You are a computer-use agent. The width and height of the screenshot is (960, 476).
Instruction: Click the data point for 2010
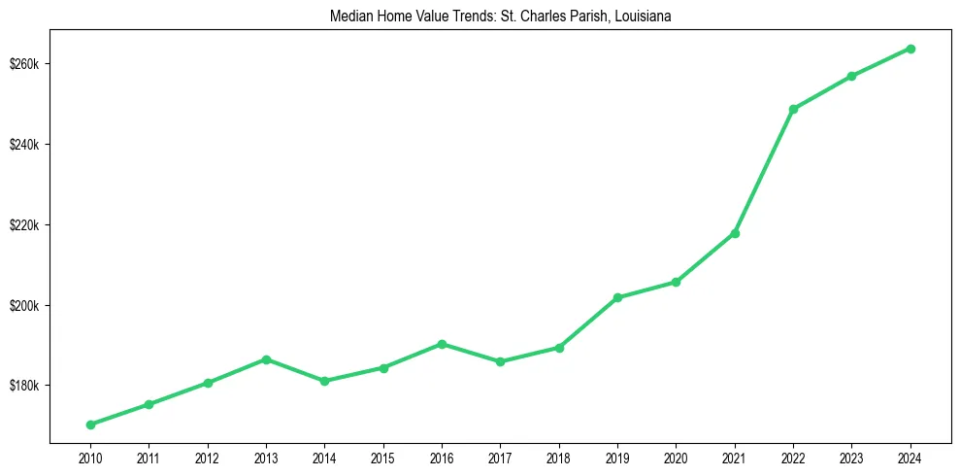tap(90, 425)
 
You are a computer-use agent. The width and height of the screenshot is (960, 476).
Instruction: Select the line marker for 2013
tap(266, 359)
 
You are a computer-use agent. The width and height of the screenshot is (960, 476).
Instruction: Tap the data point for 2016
tap(442, 344)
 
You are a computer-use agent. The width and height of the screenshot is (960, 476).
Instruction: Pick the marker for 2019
tap(617, 297)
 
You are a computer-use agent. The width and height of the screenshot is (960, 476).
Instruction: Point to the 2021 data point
tap(735, 233)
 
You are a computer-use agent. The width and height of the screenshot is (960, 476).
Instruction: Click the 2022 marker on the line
tap(793, 109)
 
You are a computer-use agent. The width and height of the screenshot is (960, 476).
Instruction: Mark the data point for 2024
tap(910, 49)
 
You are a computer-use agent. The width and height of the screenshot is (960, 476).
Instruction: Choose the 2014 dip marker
tap(324, 381)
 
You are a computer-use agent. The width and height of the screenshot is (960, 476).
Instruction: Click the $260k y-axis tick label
tap(24, 64)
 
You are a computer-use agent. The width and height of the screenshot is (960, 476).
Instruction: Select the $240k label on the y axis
tap(24, 145)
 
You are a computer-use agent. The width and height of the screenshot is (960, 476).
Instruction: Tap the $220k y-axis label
tap(24, 225)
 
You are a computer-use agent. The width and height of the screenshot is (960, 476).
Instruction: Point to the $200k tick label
tap(24, 306)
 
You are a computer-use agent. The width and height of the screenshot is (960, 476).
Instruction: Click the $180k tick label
tap(24, 386)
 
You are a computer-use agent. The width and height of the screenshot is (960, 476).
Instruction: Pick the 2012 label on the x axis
tap(207, 458)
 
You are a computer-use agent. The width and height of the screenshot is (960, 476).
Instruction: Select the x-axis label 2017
tap(500, 458)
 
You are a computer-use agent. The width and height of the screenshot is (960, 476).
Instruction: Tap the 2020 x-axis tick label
tap(676, 458)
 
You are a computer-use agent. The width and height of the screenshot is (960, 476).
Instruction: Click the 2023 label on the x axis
tap(851, 458)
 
